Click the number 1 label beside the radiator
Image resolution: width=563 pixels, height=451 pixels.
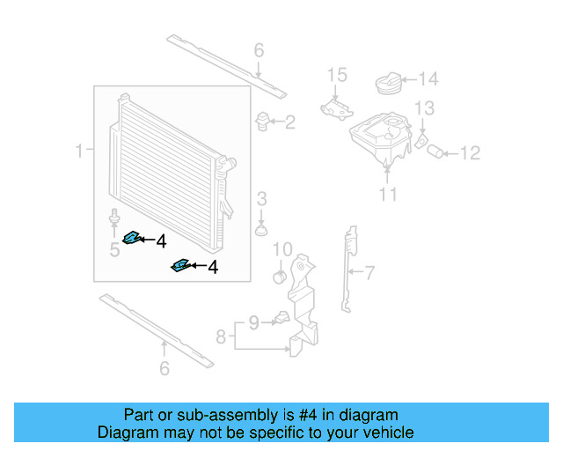coord(80,151)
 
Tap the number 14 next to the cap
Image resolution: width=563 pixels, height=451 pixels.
coord(427,80)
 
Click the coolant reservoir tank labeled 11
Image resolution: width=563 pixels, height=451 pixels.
coord(378,141)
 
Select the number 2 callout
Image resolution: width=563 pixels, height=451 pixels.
coord(289,122)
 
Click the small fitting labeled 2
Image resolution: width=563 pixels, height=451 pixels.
coord(262,120)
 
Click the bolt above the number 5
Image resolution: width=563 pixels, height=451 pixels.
coord(114,217)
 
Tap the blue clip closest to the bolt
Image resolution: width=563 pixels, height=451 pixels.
coord(135,237)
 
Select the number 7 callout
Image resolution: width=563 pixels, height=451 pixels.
coord(369,272)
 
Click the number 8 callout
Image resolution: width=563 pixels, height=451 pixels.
coord(222,336)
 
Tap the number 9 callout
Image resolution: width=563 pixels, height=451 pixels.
coord(253,323)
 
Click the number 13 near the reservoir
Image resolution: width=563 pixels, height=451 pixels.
coord(425,108)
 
